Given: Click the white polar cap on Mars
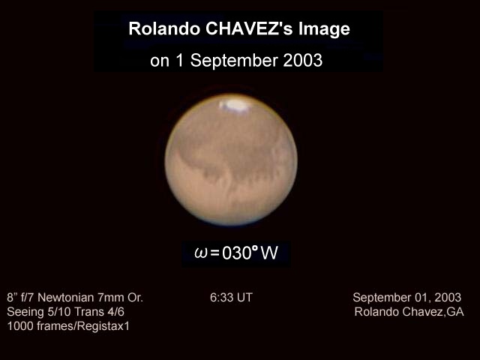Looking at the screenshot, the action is click(x=235, y=105).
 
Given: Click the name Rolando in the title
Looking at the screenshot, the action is click(x=164, y=28).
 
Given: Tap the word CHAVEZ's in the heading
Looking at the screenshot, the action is click(x=250, y=28).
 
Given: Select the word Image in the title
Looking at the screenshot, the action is click(x=324, y=30).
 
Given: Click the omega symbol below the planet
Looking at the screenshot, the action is click(x=201, y=253).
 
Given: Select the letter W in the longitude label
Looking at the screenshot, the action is click(x=269, y=253).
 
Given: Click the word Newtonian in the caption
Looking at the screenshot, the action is click(x=66, y=298).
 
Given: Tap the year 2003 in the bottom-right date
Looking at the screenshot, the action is click(x=448, y=298).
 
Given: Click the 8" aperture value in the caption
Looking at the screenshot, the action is click(x=11, y=298).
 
